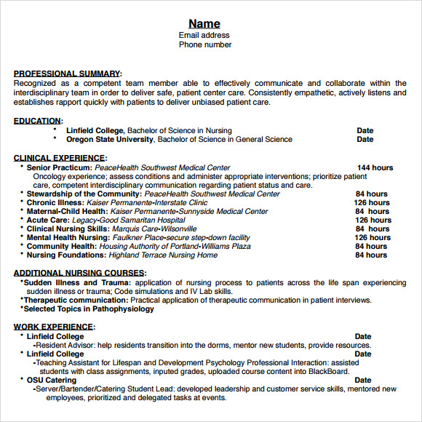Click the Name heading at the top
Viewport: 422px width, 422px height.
204,23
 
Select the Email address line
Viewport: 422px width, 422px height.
204,35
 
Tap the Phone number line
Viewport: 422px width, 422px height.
205,44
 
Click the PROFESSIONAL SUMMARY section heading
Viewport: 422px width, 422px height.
67,73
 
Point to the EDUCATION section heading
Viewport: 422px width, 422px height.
37,121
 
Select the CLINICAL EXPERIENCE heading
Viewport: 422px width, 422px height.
59,157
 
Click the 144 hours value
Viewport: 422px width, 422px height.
374,167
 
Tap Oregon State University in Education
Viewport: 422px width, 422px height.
110,139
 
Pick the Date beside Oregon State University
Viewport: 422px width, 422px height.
365,139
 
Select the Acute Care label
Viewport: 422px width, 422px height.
48,220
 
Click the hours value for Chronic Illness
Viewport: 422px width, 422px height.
372,202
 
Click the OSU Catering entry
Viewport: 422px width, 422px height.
52,380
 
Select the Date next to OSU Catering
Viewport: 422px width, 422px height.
362,380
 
